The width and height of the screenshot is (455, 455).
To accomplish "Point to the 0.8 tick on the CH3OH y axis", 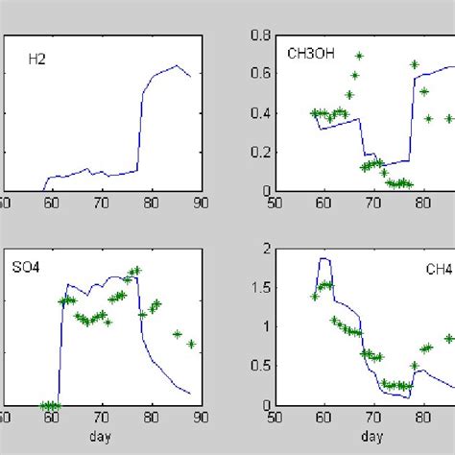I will [x=257, y=36].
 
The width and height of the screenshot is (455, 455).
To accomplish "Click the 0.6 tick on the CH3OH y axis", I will [x=257, y=75].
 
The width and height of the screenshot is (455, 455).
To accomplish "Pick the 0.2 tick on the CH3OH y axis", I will [x=257, y=152].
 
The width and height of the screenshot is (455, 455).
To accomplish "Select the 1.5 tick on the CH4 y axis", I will [x=257, y=287].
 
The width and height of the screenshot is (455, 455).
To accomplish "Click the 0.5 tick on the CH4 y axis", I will [x=257, y=365].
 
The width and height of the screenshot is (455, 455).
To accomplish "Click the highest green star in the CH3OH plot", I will [x=359, y=56].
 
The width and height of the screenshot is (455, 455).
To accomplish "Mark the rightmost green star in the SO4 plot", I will [x=192, y=344].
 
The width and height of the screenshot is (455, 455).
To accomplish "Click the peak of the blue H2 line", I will [x=177, y=65].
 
